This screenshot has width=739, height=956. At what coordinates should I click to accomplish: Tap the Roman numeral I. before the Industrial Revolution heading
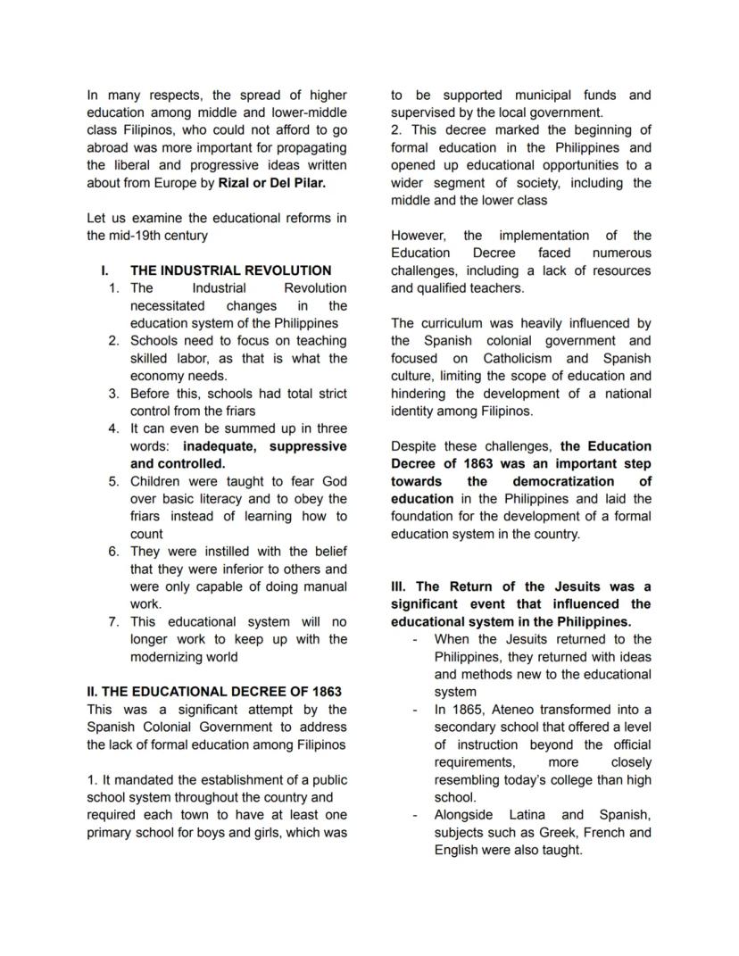click(x=106, y=270)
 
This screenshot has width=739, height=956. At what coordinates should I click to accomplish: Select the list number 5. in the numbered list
click(x=113, y=481)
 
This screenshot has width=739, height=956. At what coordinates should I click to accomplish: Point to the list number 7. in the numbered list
click(x=113, y=622)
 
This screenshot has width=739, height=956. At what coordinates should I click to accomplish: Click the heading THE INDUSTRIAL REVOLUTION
click(x=230, y=270)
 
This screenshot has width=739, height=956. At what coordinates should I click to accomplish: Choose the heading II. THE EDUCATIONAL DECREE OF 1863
click(x=214, y=692)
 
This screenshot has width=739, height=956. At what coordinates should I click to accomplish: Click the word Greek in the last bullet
click(x=552, y=833)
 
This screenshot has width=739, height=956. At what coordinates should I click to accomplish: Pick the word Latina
click(x=534, y=815)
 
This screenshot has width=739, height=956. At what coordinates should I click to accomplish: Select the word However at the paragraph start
click(x=419, y=236)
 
